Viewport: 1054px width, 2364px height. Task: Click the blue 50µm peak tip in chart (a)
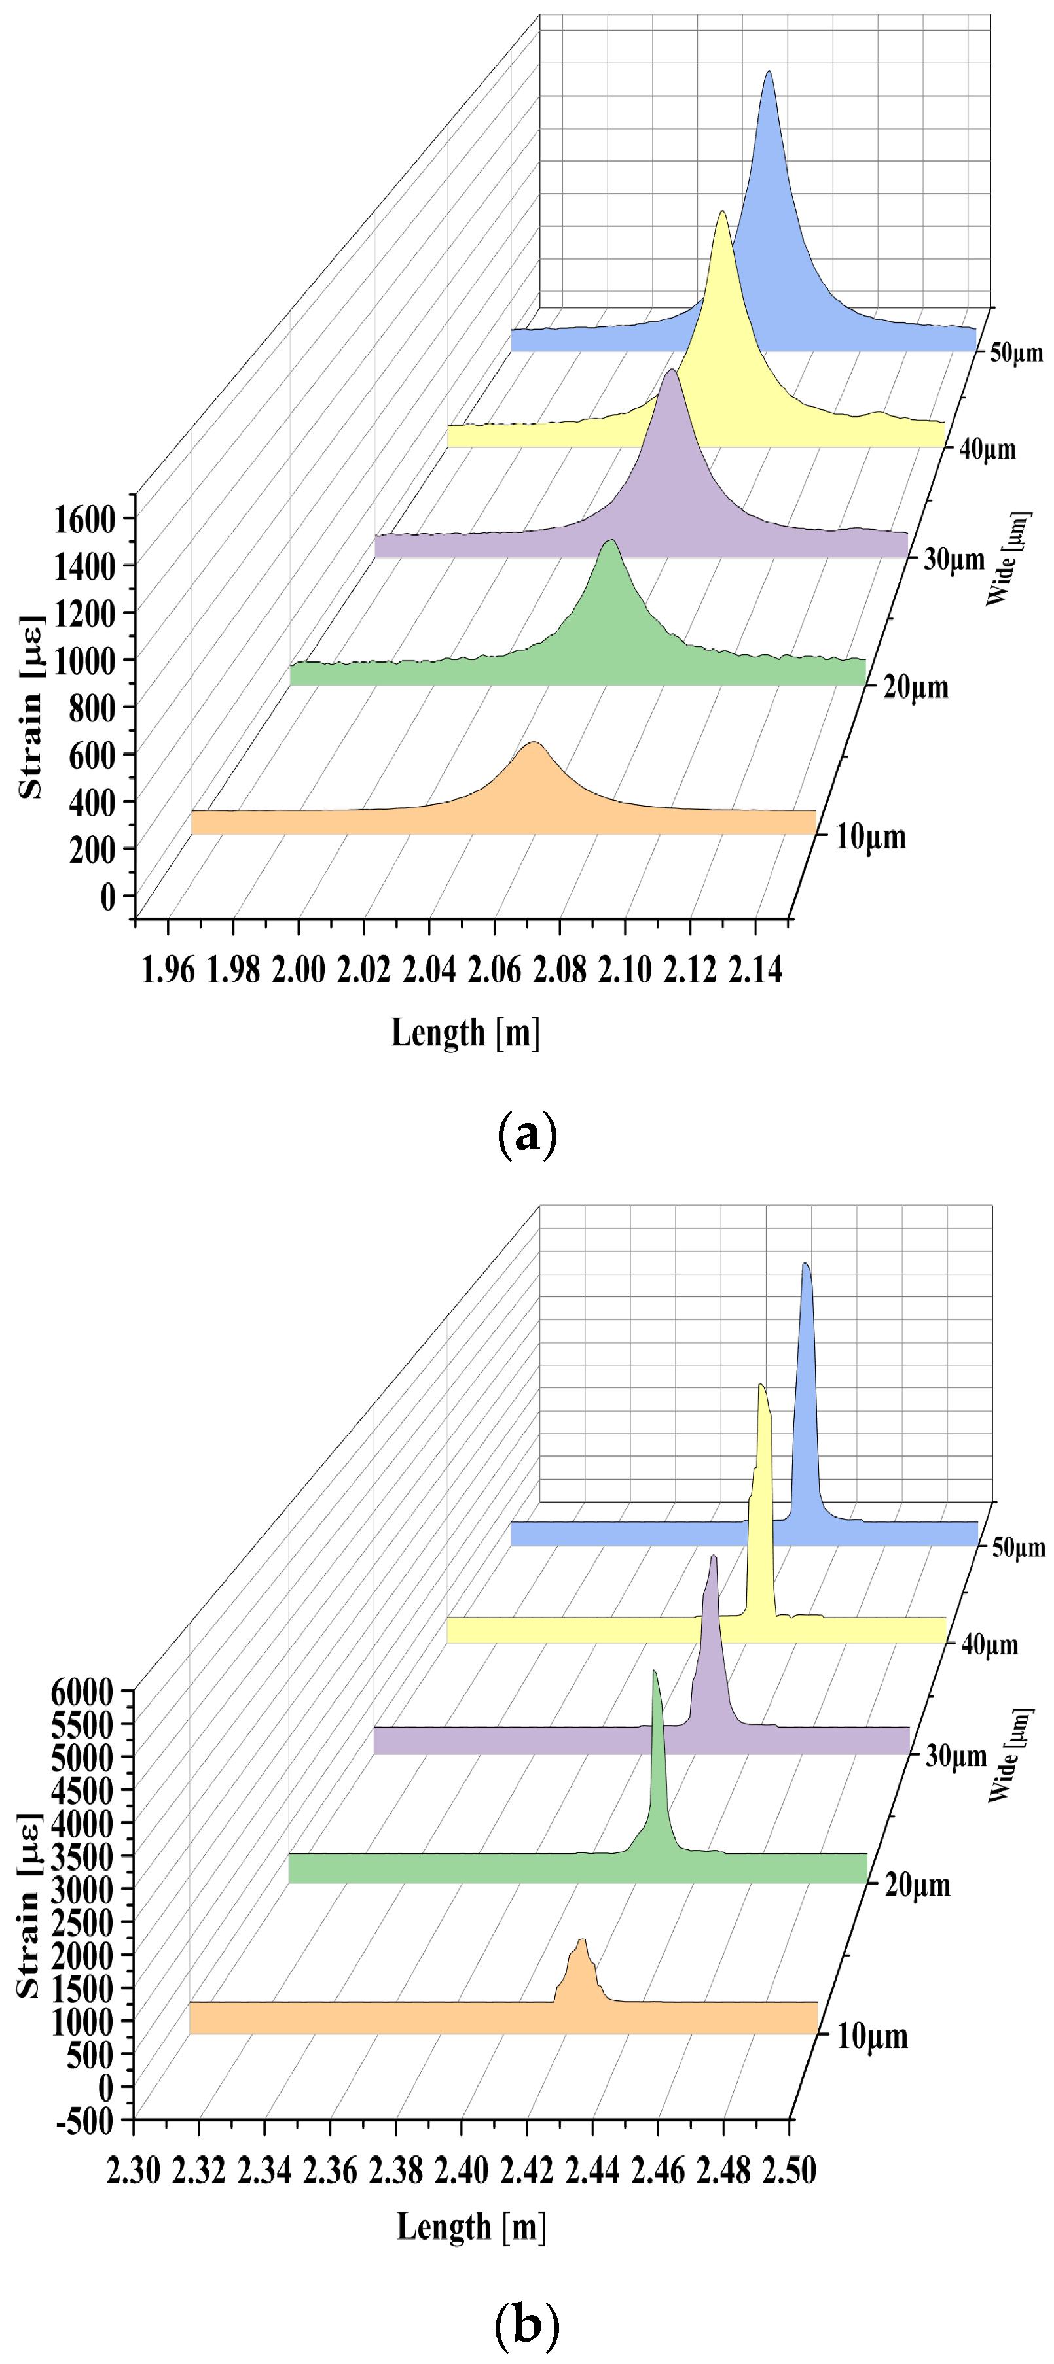coord(769,73)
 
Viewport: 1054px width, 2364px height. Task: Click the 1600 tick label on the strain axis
coord(84,519)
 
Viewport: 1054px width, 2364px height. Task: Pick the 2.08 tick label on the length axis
coord(559,969)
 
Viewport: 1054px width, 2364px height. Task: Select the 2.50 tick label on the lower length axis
coord(789,2171)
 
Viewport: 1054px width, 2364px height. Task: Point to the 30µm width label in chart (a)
coord(953,558)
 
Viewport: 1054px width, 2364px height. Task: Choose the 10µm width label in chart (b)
coord(871,2036)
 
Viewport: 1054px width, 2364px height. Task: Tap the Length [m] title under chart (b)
coord(471,2227)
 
